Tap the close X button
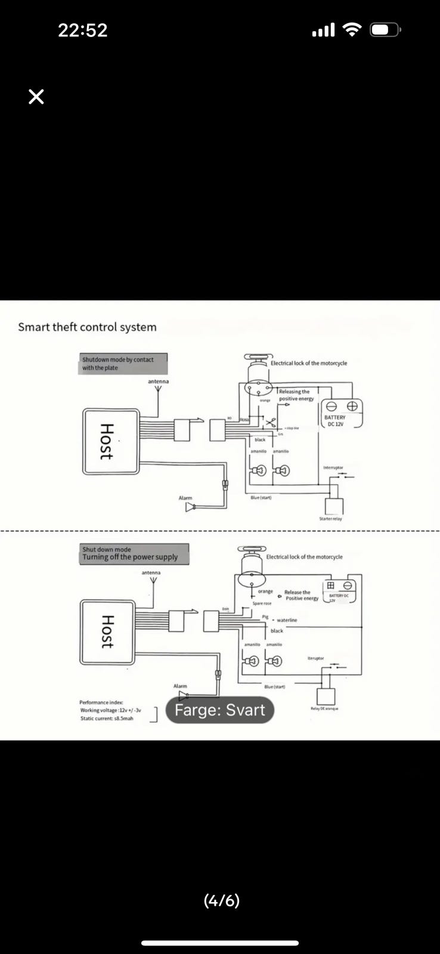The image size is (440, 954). click(36, 97)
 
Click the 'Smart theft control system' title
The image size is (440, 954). click(87, 327)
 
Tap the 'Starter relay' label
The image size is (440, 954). click(331, 519)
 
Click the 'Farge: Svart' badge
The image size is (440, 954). click(219, 710)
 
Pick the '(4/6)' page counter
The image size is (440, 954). click(222, 900)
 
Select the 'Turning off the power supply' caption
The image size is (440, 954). click(130, 557)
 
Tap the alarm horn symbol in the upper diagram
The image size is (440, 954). click(190, 507)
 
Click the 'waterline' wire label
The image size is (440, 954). click(287, 620)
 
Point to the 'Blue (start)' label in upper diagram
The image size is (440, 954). click(261, 498)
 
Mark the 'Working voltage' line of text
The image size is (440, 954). click(110, 710)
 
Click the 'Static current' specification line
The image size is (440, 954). click(107, 718)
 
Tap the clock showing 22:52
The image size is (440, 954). click(83, 30)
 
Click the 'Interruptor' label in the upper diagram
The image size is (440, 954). click(333, 467)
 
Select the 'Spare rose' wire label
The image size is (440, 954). click(262, 603)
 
